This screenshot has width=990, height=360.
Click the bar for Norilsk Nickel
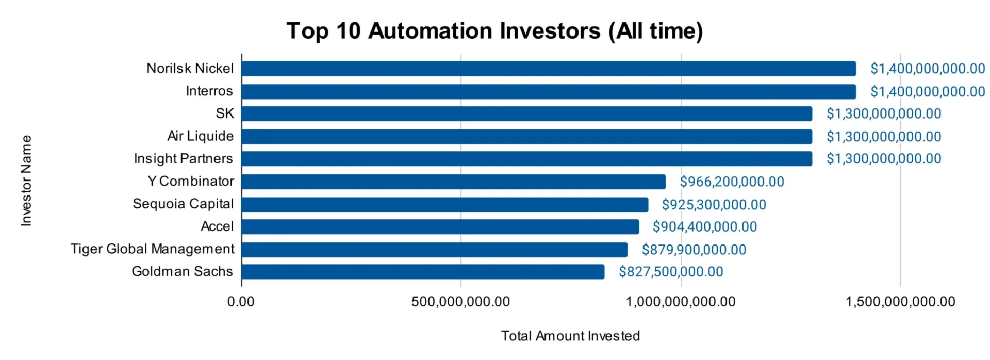(548, 69)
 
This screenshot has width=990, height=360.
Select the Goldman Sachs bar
(423, 272)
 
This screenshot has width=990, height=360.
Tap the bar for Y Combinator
(453, 182)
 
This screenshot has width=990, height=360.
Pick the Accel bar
(440, 227)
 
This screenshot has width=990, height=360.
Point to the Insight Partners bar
(526, 159)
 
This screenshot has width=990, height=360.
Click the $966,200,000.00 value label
(732, 182)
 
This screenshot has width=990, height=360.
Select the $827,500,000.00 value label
(671, 272)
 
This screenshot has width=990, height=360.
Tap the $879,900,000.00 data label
(694, 250)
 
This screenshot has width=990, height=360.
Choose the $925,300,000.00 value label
(714, 205)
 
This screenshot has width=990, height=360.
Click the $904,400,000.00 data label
(704, 227)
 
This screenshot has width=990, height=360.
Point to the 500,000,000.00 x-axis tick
(460, 302)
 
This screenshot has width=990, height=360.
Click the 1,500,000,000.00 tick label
(900, 302)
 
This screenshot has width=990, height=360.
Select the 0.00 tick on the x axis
(241, 302)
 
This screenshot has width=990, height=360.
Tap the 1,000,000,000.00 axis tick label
(681, 302)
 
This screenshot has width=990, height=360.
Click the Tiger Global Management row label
(152, 249)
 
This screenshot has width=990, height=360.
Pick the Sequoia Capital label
(183, 204)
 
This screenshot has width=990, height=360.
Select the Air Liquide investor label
(200, 136)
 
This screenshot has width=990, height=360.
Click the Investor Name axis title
(26, 181)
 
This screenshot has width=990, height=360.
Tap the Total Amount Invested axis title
(570, 336)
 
